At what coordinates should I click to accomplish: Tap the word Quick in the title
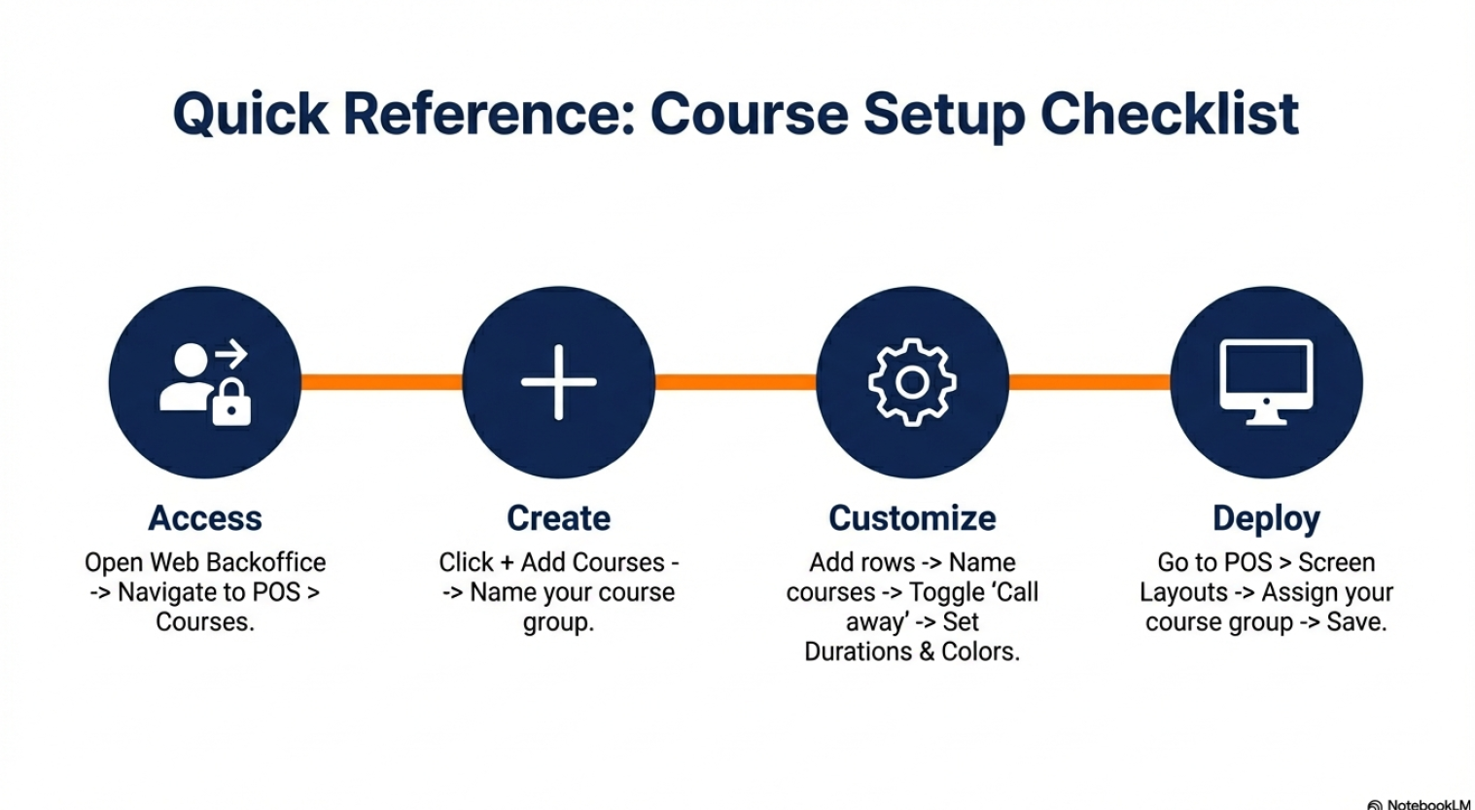tap(252, 114)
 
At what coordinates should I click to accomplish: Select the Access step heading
tap(205, 518)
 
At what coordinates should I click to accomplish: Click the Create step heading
tap(558, 518)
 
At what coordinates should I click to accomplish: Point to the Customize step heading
tap(912, 518)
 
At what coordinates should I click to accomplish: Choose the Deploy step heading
tap(1266, 518)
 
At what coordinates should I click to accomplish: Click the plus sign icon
tap(558, 382)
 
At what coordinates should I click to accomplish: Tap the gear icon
tap(912, 382)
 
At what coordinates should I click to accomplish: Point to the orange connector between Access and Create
tap(381, 382)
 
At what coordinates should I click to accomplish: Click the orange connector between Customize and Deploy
tap(1089, 382)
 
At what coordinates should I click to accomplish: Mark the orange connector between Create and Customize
tap(735, 382)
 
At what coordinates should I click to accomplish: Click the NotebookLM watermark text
tap(1427, 804)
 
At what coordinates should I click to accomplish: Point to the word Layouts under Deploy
tap(1183, 591)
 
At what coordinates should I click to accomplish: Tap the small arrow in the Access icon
tap(230, 354)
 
